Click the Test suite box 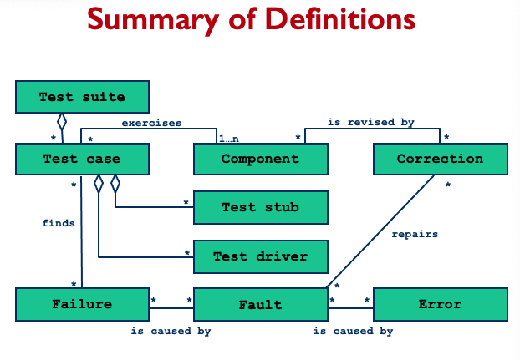82,97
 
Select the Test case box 82,159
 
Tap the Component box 260,159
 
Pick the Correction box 440,159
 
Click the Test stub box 260,207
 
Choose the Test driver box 260,256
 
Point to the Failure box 82,304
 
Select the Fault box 260,304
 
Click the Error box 440,304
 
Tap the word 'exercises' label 151,123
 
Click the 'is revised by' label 370,122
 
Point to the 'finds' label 59,223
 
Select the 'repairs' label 415,234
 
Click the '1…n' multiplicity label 229,138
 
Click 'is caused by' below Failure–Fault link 171,332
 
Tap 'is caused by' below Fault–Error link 353,332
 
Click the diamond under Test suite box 62,122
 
